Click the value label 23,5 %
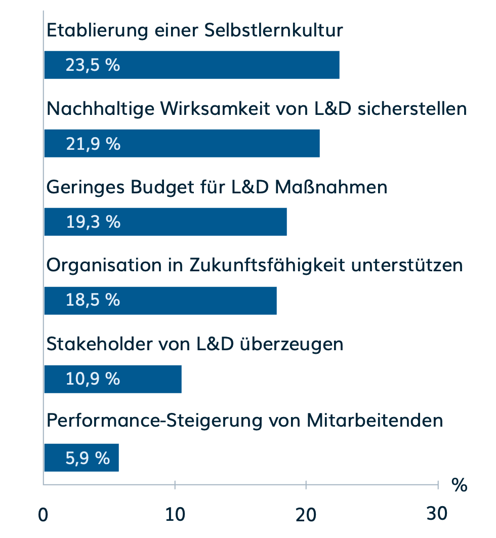click(x=93, y=65)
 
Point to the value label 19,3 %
click(x=93, y=222)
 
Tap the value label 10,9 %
click(x=93, y=379)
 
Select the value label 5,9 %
click(x=88, y=458)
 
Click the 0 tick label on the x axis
click(x=44, y=514)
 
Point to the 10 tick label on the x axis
click(x=175, y=514)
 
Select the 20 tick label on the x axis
click(x=306, y=514)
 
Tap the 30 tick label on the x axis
click(x=437, y=514)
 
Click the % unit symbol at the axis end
click(x=459, y=485)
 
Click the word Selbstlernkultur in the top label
click(x=274, y=30)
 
